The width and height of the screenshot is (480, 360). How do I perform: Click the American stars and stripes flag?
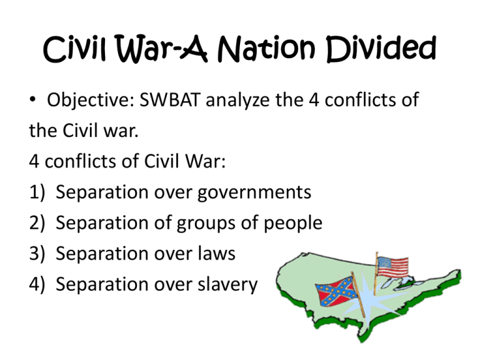pyautogui.click(x=392, y=266)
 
